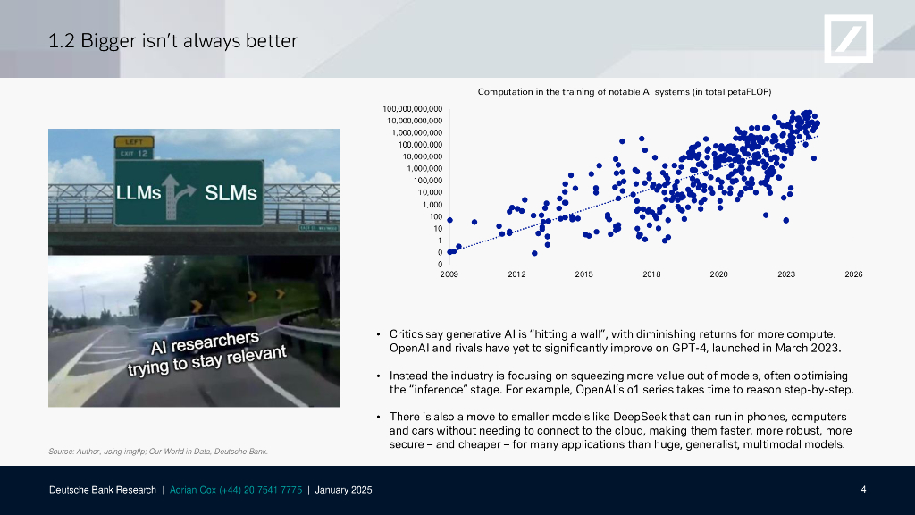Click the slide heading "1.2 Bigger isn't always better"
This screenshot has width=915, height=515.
coord(172,41)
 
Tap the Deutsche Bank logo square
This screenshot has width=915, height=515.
coord(849,39)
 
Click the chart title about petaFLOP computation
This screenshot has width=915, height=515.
coord(625,92)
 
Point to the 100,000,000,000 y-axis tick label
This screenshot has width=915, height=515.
coord(413,109)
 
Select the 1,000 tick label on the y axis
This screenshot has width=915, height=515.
coord(432,205)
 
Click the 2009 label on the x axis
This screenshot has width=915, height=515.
coord(449,274)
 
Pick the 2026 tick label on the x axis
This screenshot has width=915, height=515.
coord(853,274)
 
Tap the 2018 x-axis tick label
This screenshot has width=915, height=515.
coord(651,274)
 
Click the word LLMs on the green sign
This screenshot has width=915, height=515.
coord(139,193)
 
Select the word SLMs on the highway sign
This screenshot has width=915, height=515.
coord(231,193)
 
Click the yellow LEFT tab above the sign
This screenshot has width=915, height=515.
coord(134,142)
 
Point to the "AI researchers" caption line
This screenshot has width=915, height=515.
coord(205,343)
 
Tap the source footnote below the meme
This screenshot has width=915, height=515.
coord(158,452)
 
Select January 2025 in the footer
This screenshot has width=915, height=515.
coord(343,490)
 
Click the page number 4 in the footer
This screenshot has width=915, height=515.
coord(864,489)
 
